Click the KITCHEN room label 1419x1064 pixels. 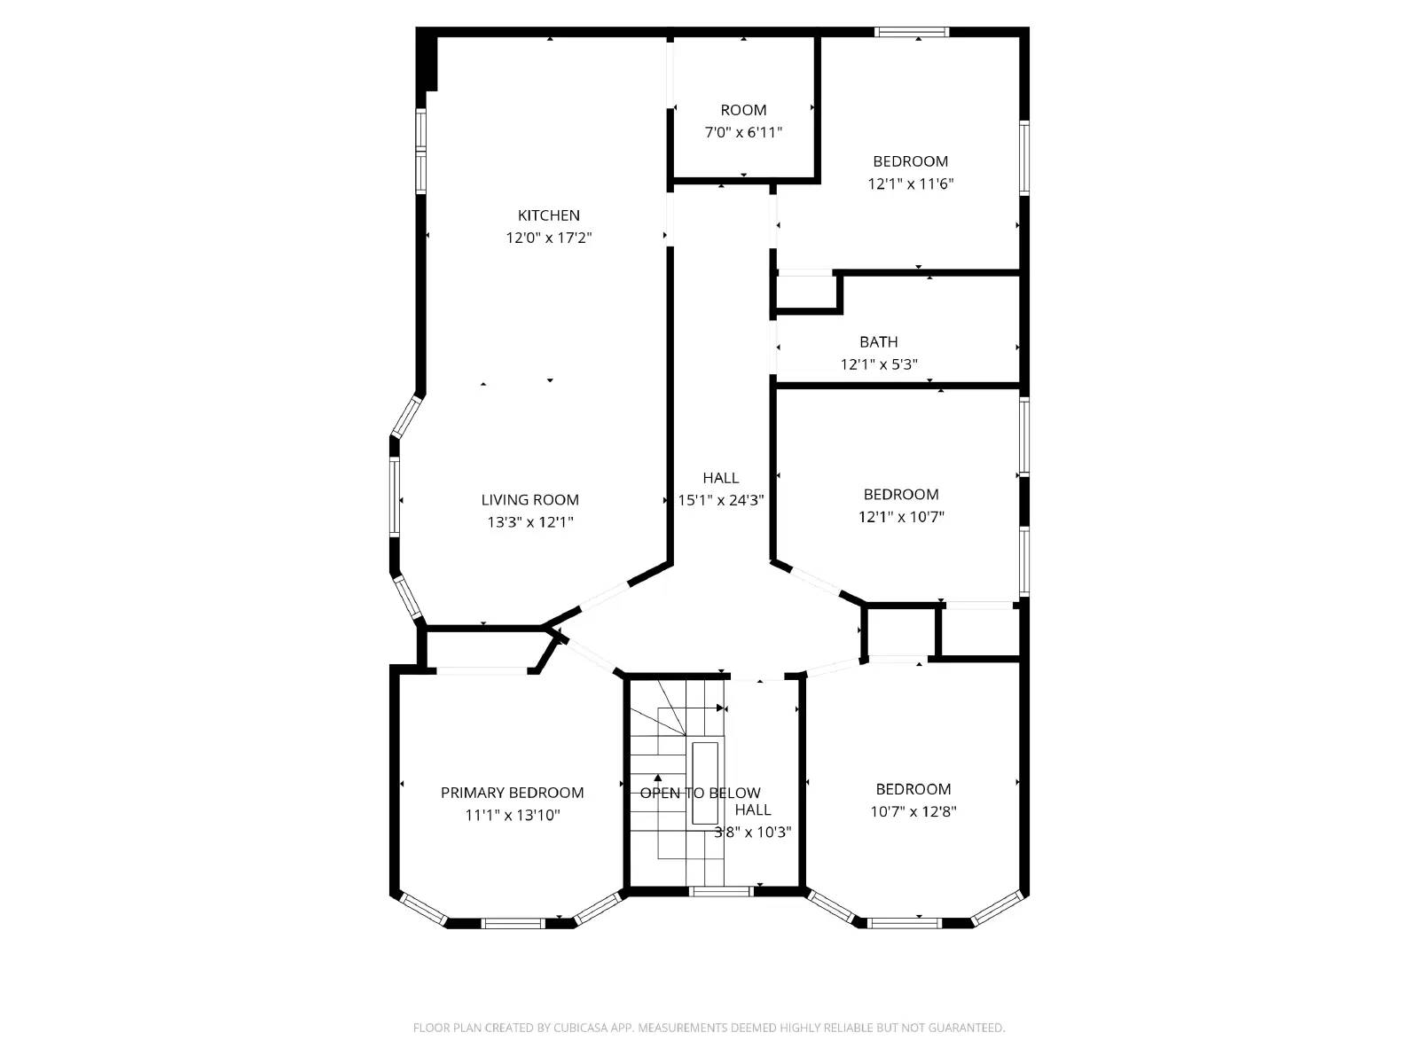(x=549, y=215)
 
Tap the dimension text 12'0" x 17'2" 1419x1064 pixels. (x=549, y=238)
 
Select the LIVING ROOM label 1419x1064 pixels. (x=529, y=500)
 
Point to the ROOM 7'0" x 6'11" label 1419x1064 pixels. (x=743, y=110)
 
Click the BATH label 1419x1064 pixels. (x=878, y=342)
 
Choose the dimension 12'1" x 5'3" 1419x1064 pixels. (x=878, y=364)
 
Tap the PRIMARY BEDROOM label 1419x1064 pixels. (x=512, y=793)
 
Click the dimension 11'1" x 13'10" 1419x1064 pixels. (x=512, y=815)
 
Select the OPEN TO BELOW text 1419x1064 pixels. (x=700, y=793)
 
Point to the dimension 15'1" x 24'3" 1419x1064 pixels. (x=720, y=500)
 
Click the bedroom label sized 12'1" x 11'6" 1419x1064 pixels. (x=910, y=161)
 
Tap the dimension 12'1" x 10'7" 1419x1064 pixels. (x=901, y=517)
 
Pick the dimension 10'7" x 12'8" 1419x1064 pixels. (x=913, y=811)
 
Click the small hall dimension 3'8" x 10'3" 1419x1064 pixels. (x=753, y=833)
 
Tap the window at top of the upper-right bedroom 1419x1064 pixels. (x=911, y=33)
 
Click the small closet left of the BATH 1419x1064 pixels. (x=805, y=293)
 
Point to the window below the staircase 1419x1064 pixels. (x=720, y=891)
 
